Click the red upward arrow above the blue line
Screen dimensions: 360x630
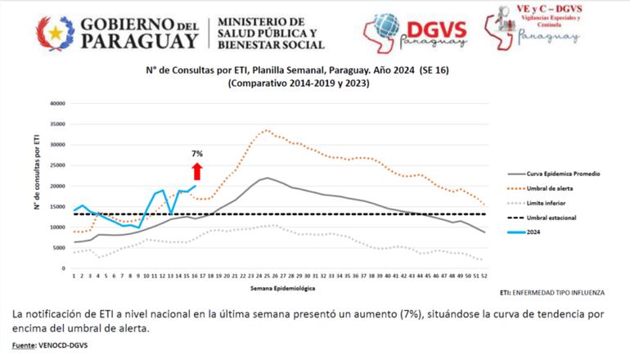click(196, 171)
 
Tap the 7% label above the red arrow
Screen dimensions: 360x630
click(197, 154)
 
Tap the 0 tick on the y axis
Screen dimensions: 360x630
click(62, 268)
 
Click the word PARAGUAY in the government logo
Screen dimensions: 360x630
click(141, 40)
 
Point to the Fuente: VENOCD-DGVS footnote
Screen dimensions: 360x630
click(51, 347)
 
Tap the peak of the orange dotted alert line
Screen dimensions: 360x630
click(267, 130)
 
